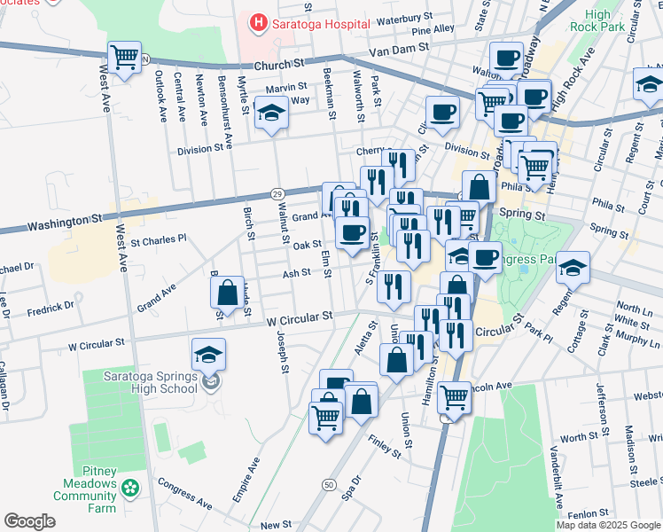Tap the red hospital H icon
[x=258, y=22]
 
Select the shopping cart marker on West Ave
[x=124, y=59]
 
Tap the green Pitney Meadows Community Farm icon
[x=130, y=487]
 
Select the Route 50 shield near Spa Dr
[x=329, y=485]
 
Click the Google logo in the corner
[x=29, y=521]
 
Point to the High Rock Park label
[x=598, y=21]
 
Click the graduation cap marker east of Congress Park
[x=573, y=267]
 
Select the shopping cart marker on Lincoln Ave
[x=454, y=397]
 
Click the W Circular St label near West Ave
[x=97, y=343]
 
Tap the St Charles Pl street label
[x=159, y=239]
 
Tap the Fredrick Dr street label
[x=51, y=307]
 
